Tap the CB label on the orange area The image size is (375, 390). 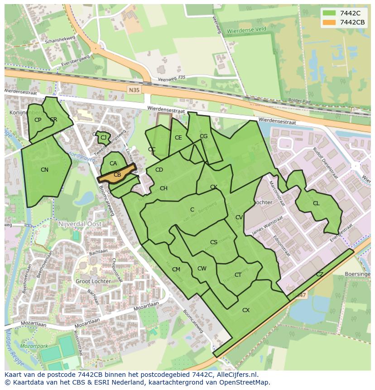(x=117, y=175)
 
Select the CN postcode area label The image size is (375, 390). (x=44, y=170)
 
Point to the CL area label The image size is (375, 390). (x=316, y=203)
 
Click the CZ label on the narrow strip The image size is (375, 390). (x=320, y=274)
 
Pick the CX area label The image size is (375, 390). (x=246, y=310)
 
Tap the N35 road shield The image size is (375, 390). (x=134, y=90)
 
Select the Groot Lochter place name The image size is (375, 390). (x=93, y=281)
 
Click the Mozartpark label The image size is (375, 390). (x=34, y=346)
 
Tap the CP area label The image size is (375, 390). (x=38, y=120)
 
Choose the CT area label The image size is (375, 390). (x=238, y=275)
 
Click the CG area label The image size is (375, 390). (x=204, y=136)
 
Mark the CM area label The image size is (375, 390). (x=176, y=270)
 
